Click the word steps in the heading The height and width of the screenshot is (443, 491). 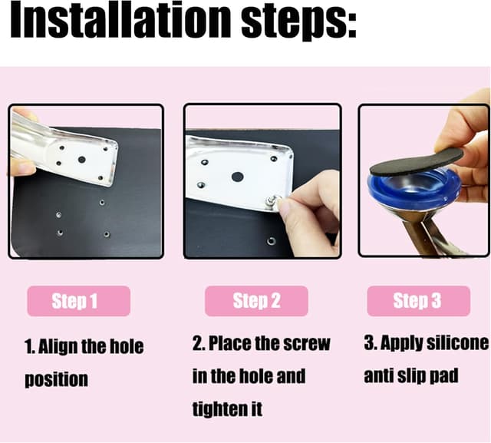click(x=298, y=22)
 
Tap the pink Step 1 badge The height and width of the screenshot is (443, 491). click(x=78, y=301)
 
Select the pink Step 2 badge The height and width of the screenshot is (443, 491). click(x=256, y=301)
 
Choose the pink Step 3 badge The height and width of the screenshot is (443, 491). click(x=418, y=301)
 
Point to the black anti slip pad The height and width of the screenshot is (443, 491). click(x=417, y=161)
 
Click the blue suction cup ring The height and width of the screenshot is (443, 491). click(x=414, y=188)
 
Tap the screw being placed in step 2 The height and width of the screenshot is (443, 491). click(x=272, y=201)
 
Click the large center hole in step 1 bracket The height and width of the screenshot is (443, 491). click(x=82, y=160)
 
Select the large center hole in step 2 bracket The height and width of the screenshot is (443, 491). click(x=238, y=177)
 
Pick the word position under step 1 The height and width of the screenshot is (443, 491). click(x=56, y=379)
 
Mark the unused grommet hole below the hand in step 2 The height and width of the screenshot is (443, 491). click(x=271, y=241)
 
